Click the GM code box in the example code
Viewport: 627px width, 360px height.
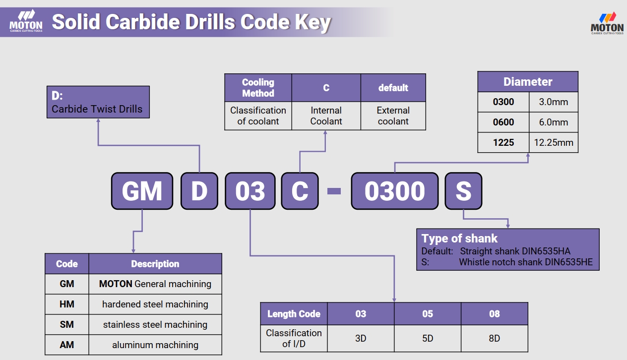tap(142, 191)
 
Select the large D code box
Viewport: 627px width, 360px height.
tap(199, 191)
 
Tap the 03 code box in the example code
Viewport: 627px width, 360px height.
tap(250, 191)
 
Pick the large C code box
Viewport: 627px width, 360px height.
tap(300, 191)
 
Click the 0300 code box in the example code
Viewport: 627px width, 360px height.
tap(395, 191)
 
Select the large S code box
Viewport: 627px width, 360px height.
tap(463, 191)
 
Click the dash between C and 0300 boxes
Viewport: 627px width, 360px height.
tap(334, 191)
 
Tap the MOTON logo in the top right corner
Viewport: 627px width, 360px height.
tap(607, 22)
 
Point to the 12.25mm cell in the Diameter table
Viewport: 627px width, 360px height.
tap(553, 143)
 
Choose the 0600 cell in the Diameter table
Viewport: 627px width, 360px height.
tap(503, 122)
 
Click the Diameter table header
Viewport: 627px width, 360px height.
tap(528, 82)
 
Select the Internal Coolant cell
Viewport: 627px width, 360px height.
tap(326, 116)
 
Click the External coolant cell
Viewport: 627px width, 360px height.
tap(393, 116)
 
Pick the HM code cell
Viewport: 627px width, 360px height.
tap(67, 304)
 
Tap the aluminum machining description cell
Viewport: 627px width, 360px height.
tap(155, 345)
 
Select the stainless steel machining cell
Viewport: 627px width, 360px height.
tap(155, 325)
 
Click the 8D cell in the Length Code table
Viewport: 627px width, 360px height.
tap(494, 338)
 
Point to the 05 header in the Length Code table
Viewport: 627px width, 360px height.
tap(428, 314)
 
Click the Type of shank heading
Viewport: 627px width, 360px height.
tap(459, 239)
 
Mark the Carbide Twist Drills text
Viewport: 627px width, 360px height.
tap(97, 109)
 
